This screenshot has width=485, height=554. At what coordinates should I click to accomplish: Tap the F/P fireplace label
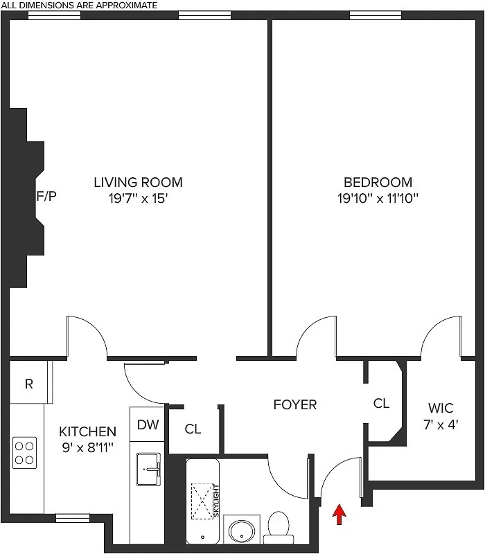[x=46, y=196]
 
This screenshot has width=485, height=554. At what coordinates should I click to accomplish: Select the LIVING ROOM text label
[x=139, y=182]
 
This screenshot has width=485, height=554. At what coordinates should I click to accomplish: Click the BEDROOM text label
[x=378, y=182]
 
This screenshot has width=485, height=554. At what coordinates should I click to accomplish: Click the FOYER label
[x=294, y=404]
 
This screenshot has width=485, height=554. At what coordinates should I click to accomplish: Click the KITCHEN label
[x=87, y=431]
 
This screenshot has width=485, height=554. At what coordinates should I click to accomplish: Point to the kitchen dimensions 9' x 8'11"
[x=87, y=448]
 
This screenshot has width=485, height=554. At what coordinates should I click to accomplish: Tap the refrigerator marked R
[x=29, y=384]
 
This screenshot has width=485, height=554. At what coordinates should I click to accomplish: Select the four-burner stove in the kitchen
[x=25, y=452]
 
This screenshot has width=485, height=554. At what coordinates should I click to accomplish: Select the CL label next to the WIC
[x=381, y=403]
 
